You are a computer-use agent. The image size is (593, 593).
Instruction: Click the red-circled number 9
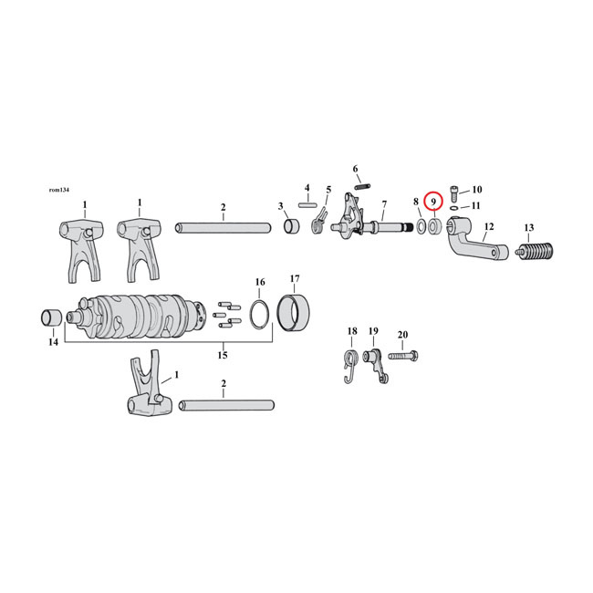[x=434, y=200]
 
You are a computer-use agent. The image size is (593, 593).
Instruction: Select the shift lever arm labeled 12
[x=478, y=248]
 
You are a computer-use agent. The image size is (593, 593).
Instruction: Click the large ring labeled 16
[x=260, y=314]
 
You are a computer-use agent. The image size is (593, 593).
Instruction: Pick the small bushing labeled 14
[x=52, y=318]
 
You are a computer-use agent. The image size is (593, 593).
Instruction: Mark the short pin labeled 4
[x=307, y=204]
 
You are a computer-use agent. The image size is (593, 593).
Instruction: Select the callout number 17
[x=295, y=278]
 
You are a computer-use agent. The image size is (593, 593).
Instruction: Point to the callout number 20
[x=404, y=334]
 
